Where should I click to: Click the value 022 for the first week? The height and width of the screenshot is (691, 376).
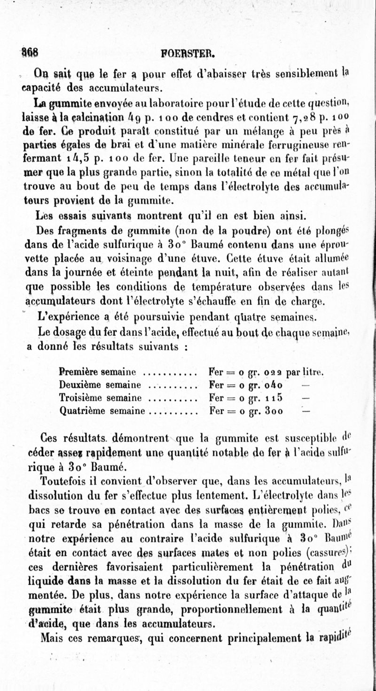[271, 371]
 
